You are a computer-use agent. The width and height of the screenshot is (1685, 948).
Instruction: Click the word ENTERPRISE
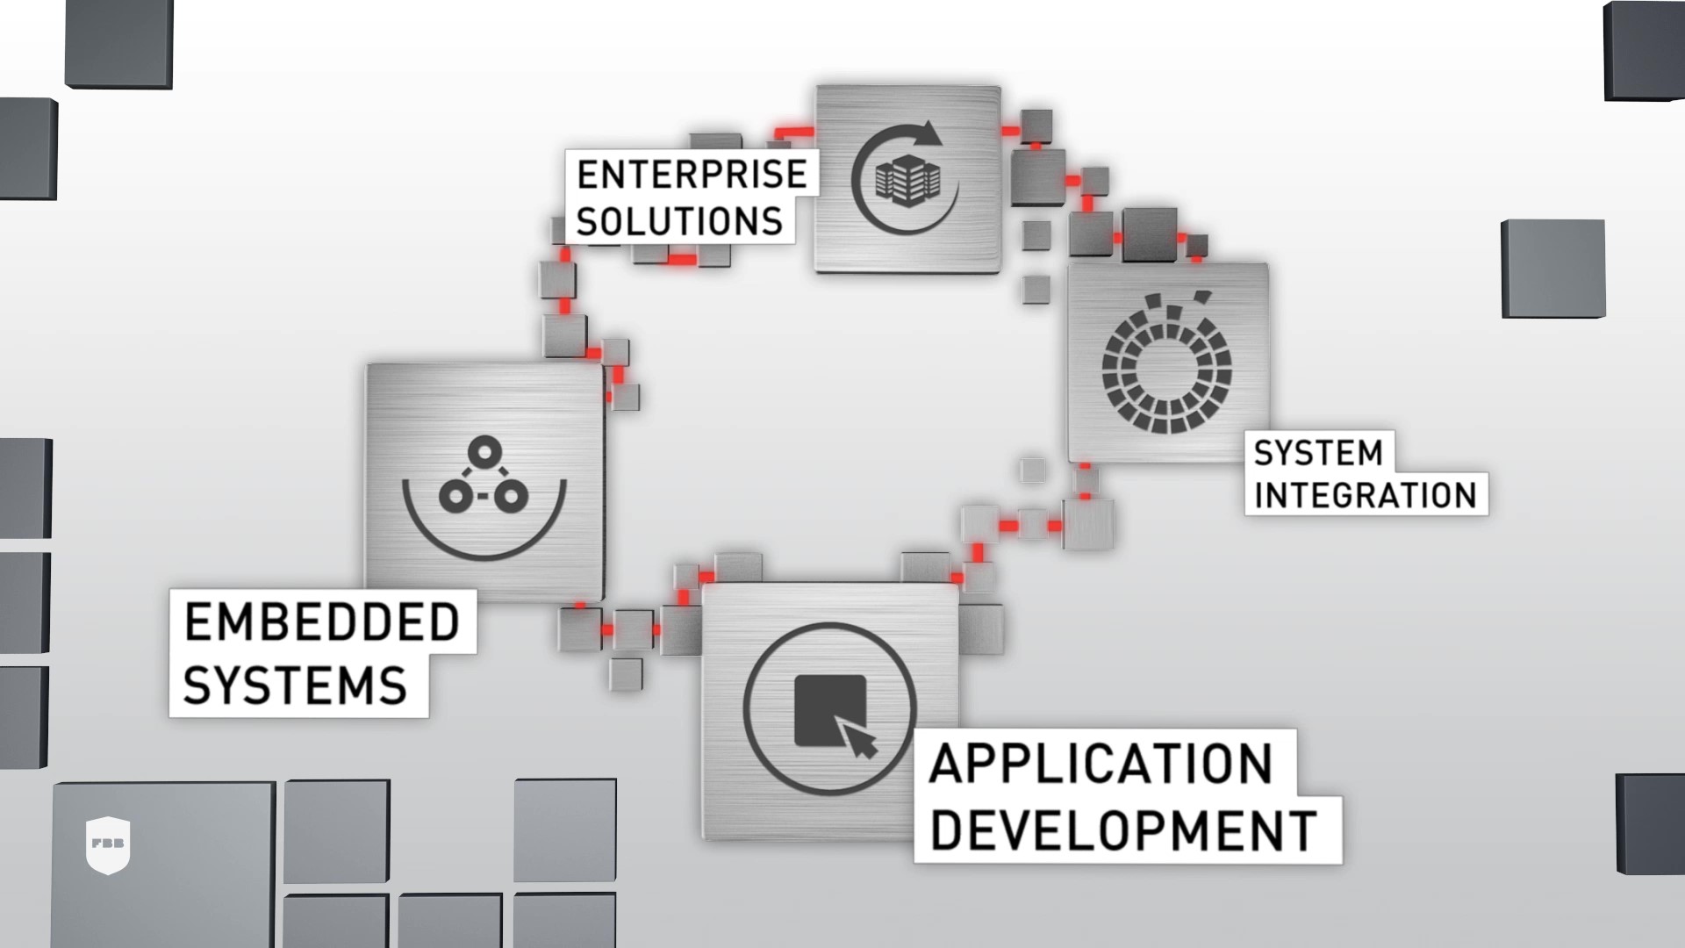(692, 174)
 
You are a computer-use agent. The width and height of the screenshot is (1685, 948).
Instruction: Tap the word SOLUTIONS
(679, 220)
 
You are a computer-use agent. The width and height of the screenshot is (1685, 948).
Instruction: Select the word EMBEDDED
(322, 622)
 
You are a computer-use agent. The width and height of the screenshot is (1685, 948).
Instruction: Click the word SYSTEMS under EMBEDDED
(296, 685)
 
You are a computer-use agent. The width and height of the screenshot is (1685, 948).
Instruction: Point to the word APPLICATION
(1101, 764)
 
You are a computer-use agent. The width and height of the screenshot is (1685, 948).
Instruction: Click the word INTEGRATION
(1366, 495)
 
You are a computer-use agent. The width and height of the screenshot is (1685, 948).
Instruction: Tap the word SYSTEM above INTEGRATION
(1318, 453)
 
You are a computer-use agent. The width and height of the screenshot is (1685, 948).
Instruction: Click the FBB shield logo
(109, 845)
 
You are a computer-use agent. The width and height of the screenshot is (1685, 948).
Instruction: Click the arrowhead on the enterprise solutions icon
(929, 134)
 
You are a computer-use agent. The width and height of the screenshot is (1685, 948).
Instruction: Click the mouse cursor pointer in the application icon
(858, 737)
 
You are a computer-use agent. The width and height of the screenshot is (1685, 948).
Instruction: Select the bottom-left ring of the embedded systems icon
(456, 497)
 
